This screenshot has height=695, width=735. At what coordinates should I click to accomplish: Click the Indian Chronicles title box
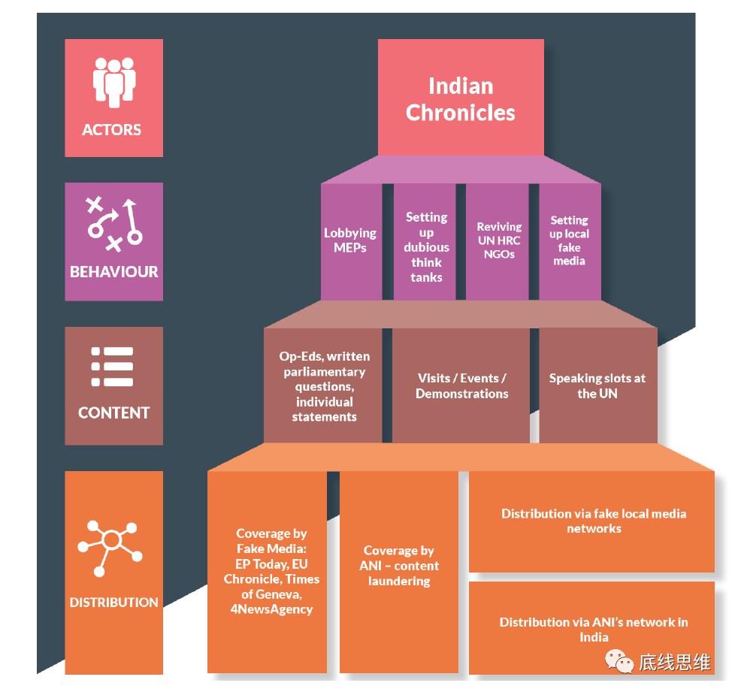(x=461, y=98)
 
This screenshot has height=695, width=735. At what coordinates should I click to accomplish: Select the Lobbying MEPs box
(x=350, y=240)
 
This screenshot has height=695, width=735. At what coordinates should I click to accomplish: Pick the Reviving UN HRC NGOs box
(x=499, y=240)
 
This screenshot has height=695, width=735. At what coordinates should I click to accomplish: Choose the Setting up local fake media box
(x=569, y=240)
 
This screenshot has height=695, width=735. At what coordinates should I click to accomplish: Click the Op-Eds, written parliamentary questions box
(x=324, y=385)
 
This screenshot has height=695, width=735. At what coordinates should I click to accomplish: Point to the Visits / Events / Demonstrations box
(x=461, y=385)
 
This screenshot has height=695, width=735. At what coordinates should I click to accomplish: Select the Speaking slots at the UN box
(x=597, y=385)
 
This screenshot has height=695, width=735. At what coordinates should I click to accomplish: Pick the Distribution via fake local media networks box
(x=593, y=521)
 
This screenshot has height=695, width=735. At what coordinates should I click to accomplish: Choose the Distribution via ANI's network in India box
(x=593, y=629)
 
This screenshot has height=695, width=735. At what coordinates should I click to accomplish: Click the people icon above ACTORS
(x=114, y=83)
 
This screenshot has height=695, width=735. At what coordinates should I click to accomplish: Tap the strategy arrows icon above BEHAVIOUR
(x=114, y=224)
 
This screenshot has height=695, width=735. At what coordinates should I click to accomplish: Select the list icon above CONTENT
(x=113, y=367)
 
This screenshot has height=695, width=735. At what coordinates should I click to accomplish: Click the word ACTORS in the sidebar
(x=112, y=129)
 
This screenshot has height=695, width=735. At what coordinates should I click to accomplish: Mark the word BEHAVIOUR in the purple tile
(x=114, y=271)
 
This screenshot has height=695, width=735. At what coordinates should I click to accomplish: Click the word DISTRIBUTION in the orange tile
(x=114, y=602)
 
